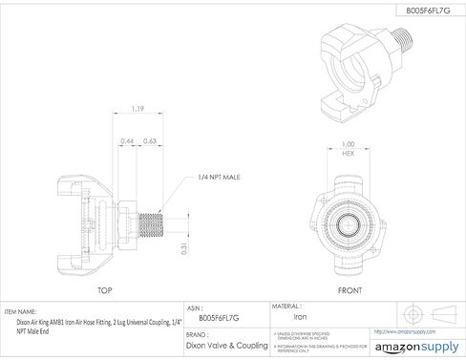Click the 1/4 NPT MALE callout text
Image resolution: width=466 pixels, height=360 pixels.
(x=221, y=178)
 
